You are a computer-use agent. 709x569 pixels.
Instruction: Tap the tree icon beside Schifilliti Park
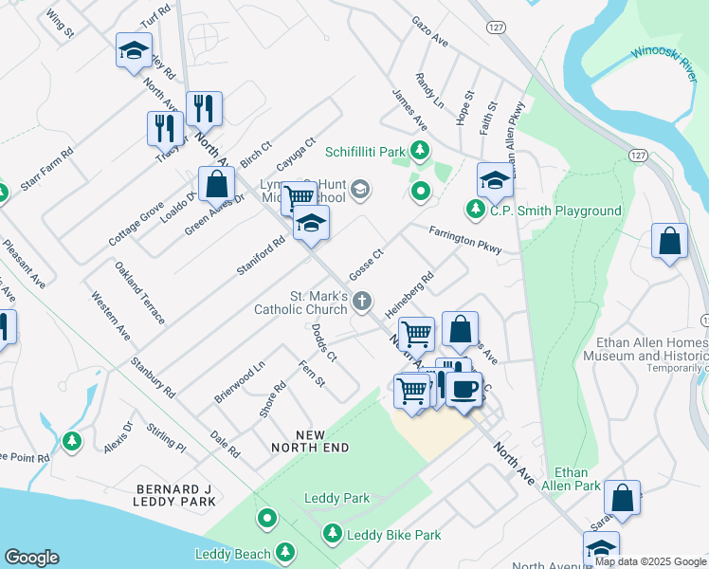[418, 151]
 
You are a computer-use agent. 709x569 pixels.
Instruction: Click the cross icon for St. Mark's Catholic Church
[361, 302]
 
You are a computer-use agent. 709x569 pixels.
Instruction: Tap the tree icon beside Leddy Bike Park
[332, 535]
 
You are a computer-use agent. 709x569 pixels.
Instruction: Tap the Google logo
[31, 558]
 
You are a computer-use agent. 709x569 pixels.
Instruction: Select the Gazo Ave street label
[429, 31]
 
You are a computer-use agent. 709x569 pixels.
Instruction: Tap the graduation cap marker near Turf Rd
[134, 50]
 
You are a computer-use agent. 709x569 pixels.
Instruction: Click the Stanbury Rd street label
[154, 376]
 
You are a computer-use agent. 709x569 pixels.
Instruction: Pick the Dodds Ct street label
[324, 343]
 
